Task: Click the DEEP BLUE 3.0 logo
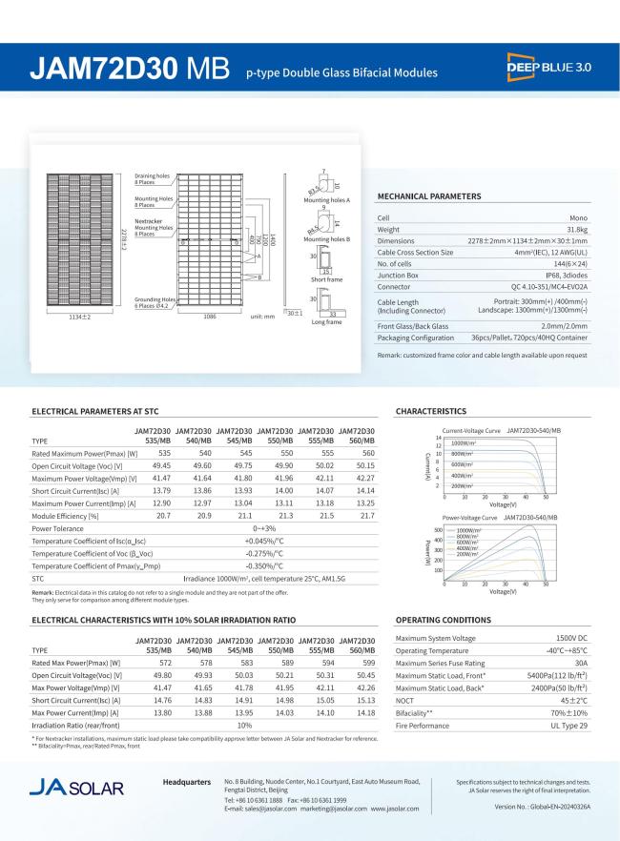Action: pos(549,70)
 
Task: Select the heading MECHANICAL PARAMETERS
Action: pos(429,196)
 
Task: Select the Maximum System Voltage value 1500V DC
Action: pos(571,638)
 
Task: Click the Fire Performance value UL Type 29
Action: pos(568,726)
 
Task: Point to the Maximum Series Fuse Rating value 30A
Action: pos(579,663)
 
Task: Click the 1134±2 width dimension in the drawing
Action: pos(79,316)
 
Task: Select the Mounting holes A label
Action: pos(326,200)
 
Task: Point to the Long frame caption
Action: pos(326,322)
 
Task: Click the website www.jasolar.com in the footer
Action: pos(395,809)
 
